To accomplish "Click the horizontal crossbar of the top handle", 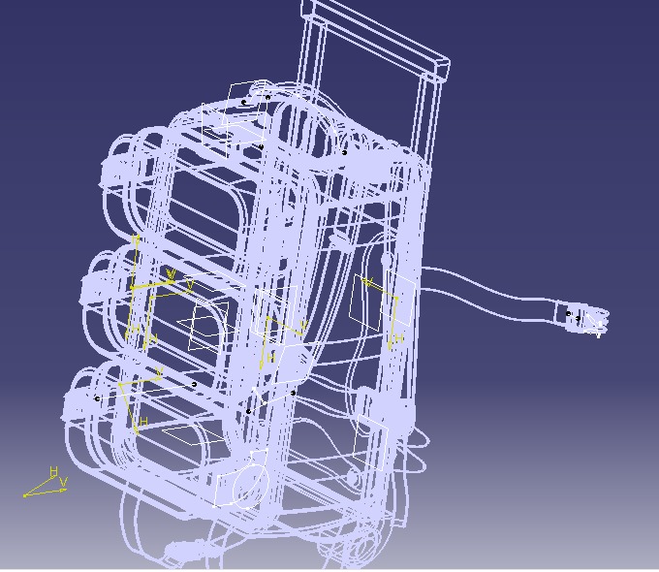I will point(378,37).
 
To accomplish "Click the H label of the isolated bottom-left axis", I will point(54,471).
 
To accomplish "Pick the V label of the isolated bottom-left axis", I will point(63,481).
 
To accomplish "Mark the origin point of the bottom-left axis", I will point(24,495).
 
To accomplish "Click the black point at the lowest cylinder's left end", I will point(97,397).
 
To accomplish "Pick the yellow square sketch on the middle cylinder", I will point(208,326).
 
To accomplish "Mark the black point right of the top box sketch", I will point(344,151).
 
